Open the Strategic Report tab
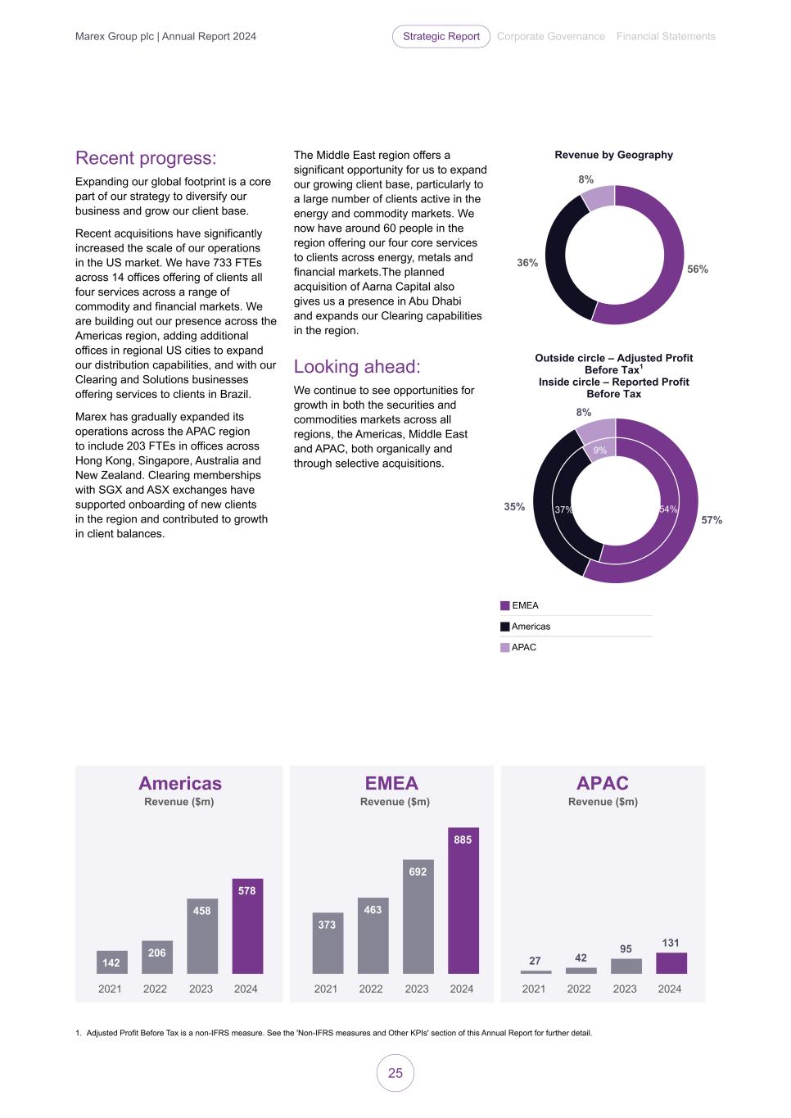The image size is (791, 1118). pyautogui.click(x=441, y=36)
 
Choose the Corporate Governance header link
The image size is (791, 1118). pyautogui.click(x=551, y=36)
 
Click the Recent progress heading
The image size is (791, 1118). pyautogui.click(x=146, y=158)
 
